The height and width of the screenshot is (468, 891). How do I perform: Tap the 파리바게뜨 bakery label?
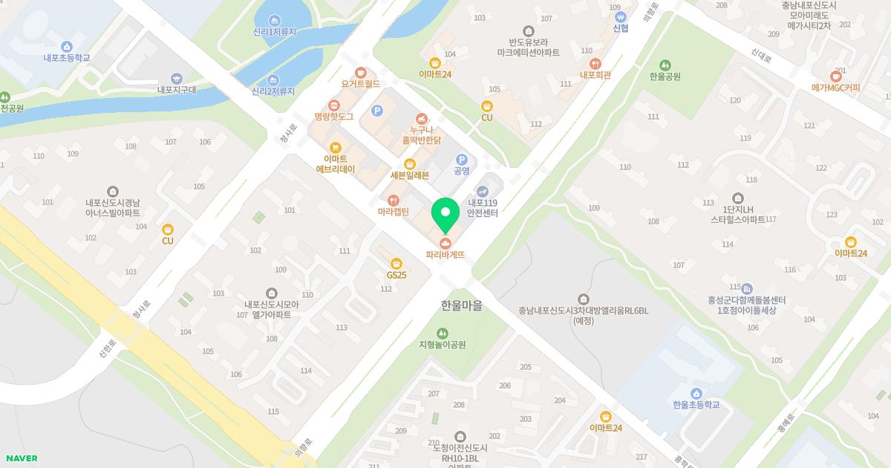tap(446, 254)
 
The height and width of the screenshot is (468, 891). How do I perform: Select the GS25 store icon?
tap(396, 263)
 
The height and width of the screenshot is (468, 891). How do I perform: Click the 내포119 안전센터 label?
tap(482, 207)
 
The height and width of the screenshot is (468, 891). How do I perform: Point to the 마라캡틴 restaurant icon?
tap(394, 200)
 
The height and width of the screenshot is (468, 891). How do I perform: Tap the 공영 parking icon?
tap(461, 159)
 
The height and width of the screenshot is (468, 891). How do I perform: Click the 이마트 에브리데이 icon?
tap(336, 147)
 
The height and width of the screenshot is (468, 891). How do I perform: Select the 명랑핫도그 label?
tap(333, 117)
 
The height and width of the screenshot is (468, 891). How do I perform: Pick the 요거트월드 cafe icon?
tap(361, 73)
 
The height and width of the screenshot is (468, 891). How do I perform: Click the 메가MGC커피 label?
tap(836, 88)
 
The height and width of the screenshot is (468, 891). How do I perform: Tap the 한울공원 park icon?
tap(665, 65)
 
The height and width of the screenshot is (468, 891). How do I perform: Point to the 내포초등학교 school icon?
tap(67, 46)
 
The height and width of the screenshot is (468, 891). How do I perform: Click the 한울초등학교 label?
tap(696, 405)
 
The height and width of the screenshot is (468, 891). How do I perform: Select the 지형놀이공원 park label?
tap(443, 345)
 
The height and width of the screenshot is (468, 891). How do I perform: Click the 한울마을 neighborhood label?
tap(461, 305)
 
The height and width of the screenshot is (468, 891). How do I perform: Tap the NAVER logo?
tap(20, 458)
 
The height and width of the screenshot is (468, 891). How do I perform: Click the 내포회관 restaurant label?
tap(595, 75)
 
